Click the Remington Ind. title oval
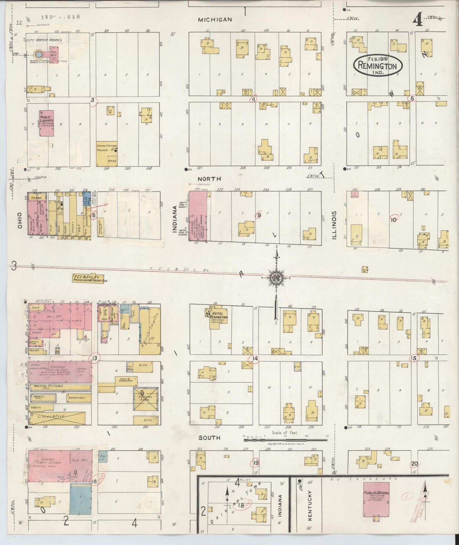(x=378, y=65)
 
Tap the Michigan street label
(x=215, y=20)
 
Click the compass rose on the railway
(x=276, y=278)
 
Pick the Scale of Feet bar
(x=285, y=440)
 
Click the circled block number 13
(x=95, y=358)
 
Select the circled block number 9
(x=259, y=215)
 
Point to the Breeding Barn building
(x=145, y=399)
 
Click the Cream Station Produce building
(x=107, y=154)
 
